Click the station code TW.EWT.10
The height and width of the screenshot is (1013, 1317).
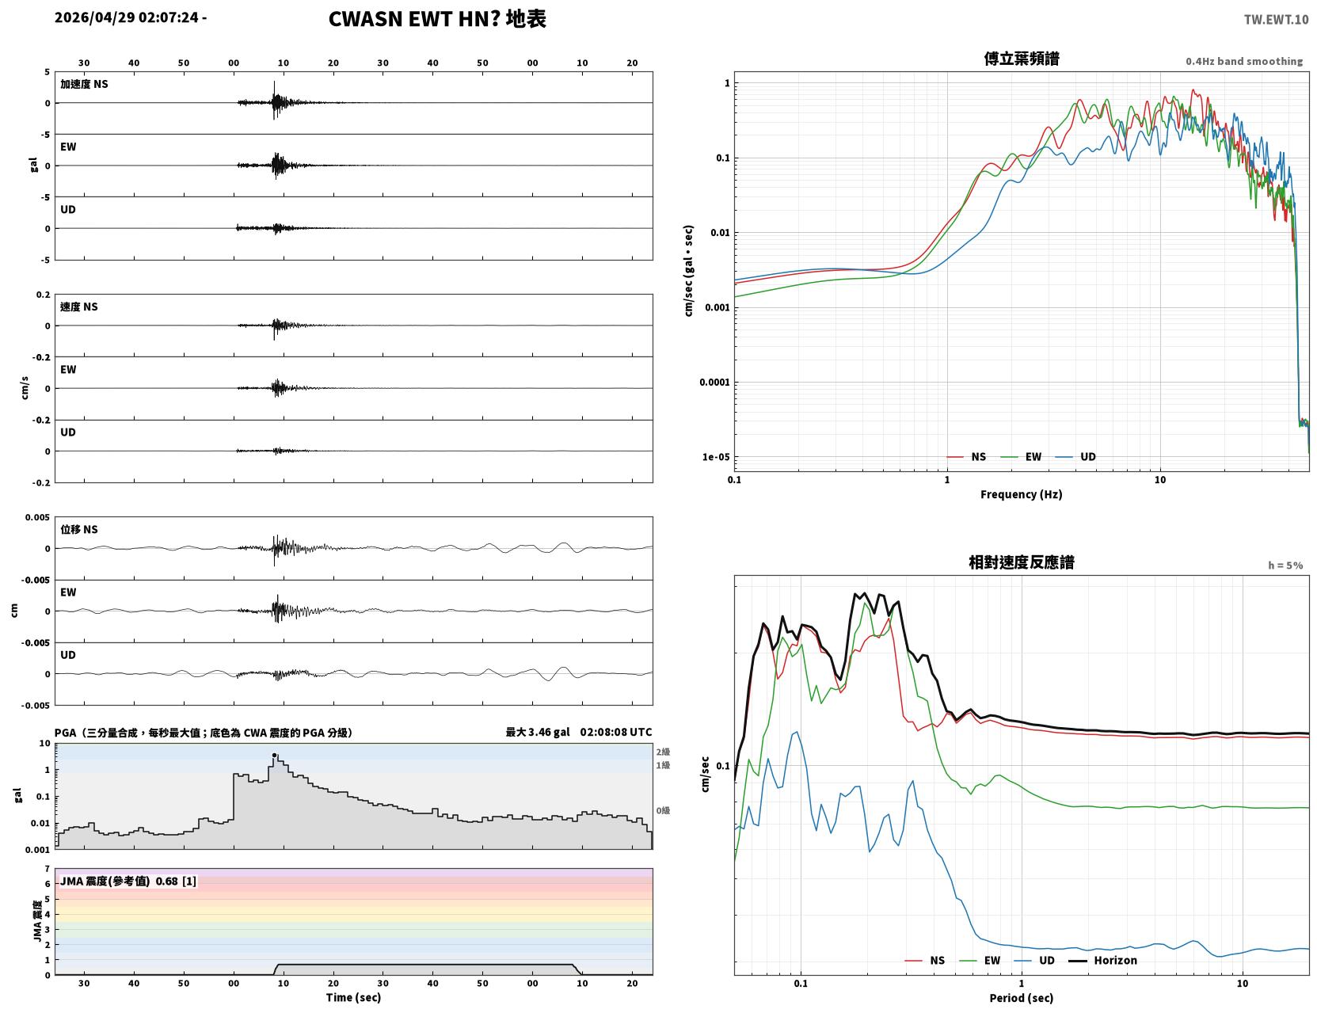[x=1276, y=19]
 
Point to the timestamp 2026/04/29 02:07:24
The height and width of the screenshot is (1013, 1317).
[x=127, y=17]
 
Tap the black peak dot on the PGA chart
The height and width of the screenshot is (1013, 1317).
[x=274, y=755]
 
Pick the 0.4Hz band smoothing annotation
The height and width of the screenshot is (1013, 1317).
[x=1243, y=61]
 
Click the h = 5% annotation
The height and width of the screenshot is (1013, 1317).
[x=1285, y=566]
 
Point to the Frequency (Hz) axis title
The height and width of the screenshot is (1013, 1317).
[x=1021, y=494]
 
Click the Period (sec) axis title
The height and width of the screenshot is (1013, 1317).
[x=1021, y=998]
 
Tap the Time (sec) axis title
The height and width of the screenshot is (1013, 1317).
[x=353, y=997]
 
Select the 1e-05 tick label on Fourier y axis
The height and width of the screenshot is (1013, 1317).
[x=716, y=457]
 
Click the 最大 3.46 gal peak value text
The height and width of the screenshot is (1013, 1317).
[x=538, y=732]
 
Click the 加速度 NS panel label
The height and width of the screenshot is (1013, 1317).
[x=84, y=84]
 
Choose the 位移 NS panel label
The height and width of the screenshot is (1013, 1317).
[x=78, y=530]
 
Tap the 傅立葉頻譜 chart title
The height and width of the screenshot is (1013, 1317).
[x=1022, y=59]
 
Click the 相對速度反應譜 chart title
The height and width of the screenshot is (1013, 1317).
[x=1022, y=562]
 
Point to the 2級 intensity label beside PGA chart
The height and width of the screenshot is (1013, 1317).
[x=663, y=752]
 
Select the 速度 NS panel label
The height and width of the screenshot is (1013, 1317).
[x=78, y=307]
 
